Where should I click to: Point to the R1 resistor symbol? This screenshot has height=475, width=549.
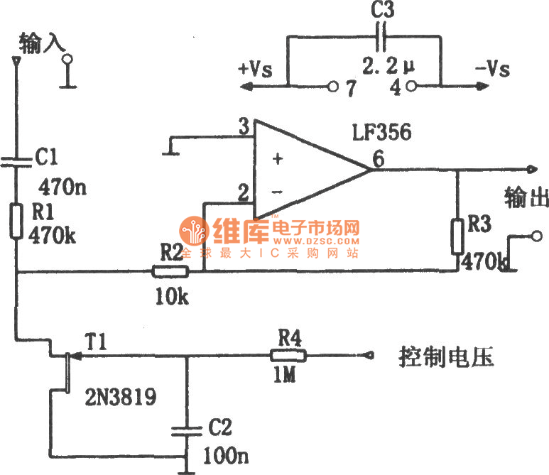pyautogui.click(x=16, y=221)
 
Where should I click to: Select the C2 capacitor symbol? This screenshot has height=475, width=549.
pyautogui.click(x=186, y=430)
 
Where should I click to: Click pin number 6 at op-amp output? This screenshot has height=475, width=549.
pyautogui.click(x=379, y=160)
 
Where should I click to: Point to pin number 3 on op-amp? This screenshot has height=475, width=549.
pyautogui.click(x=244, y=128)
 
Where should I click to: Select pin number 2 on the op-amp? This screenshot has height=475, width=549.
pyautogui.click(x=244, y=192)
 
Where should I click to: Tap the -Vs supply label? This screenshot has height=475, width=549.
pyautogui.click(x=491, y=70)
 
